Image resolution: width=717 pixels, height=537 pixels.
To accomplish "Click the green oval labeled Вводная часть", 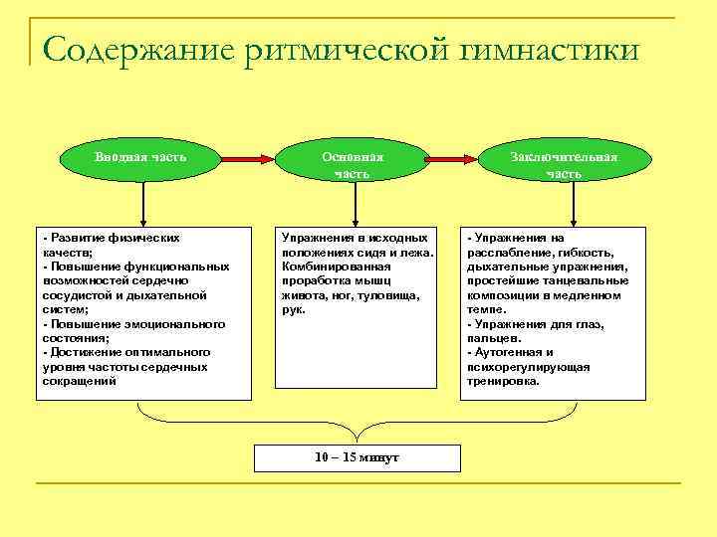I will tap(141, 158).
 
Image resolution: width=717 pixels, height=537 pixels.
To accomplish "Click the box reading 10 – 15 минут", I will tap(357, 456).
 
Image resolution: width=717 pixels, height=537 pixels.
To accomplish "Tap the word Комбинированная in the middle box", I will tap(328, 267).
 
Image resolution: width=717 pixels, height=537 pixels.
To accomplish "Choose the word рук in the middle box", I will tap(293, 309).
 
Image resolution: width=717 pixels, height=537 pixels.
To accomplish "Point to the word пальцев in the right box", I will tap(491, 338).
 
